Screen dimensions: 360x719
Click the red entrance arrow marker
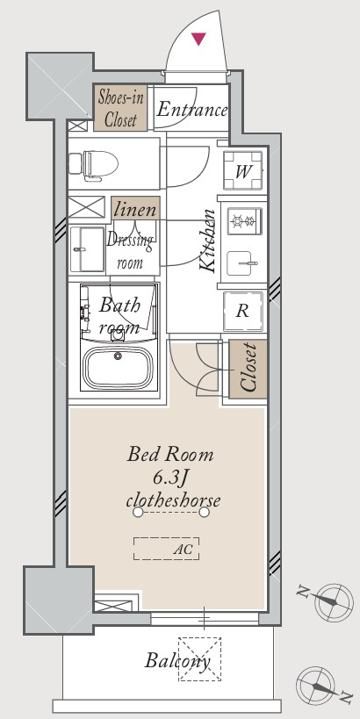pos(198,39)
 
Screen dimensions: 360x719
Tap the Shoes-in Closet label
pos(120,108)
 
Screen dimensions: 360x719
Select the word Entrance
pos(191,110)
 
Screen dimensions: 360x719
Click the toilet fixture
pos(94,162)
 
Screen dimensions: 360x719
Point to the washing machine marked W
pos(243,170)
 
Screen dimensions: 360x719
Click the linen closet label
pos(135,210)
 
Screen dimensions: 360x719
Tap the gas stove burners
pos(244,222)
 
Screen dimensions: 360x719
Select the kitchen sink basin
pos(239,263)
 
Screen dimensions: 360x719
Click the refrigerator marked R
pos(242,312)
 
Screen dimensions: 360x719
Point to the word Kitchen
pos(209,241)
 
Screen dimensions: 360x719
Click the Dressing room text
pos(130,251)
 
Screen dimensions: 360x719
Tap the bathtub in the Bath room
pos(119,367)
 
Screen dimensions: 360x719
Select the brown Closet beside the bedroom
pos(248,369)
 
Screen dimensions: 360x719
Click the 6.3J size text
pos(170,478)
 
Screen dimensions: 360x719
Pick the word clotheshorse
pos(173,500)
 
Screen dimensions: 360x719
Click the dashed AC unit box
pos(167,549)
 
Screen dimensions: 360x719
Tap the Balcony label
pos(178,661)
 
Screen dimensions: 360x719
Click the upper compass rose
pos(334,601)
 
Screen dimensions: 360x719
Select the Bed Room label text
pos(170,455)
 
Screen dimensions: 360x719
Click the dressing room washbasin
pos(88,249)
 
